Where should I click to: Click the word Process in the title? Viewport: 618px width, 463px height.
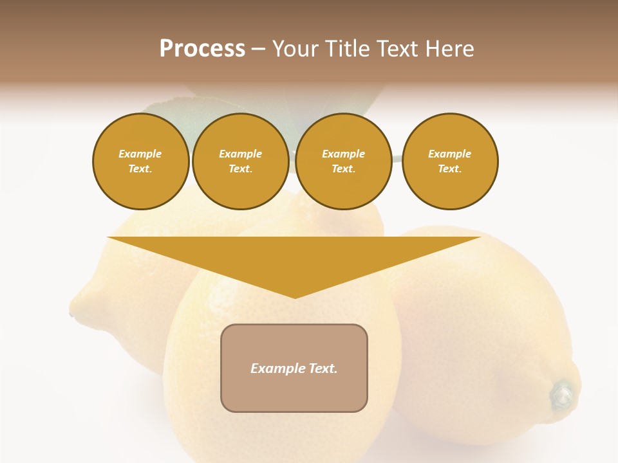click(x=202, y=49)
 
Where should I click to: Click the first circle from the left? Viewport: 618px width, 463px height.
click(x=140, y=161)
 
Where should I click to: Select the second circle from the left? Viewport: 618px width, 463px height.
click(x=240, y=161)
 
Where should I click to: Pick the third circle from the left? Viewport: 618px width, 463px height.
click(x=343, y=161)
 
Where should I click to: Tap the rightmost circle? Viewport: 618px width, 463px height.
click(x=449, y=161)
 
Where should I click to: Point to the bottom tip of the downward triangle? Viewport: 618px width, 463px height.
click(x=295, y=298)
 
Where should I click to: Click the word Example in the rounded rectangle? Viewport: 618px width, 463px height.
click(x=273, y=368)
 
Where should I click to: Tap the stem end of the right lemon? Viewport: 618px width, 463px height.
click(x=563, y=394)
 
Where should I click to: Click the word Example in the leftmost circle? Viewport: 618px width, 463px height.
click(x=140, y=154)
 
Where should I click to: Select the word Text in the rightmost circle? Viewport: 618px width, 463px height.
click(x=449, y=169)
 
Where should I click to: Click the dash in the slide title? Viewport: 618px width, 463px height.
click(x=258, y=49)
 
